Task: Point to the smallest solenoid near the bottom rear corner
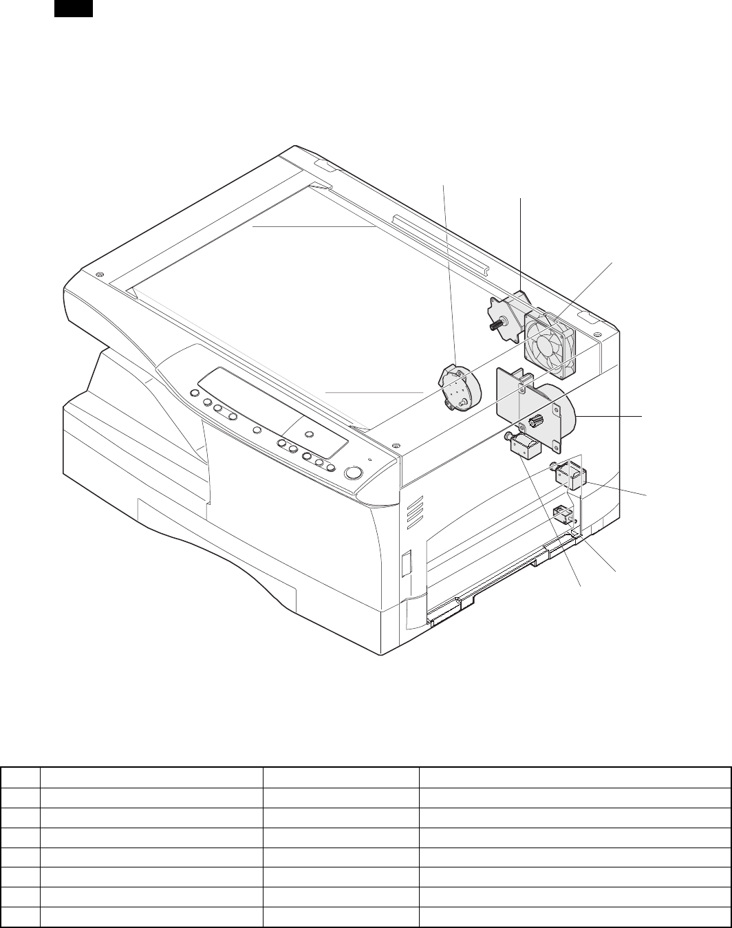pos(562,514)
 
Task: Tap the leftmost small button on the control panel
pos(193,393)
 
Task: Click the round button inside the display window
pos(309,434)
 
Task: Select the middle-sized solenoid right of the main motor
pos(572,477)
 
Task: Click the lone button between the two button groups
pos(257,430)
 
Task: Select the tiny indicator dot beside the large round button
pos(370,460)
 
